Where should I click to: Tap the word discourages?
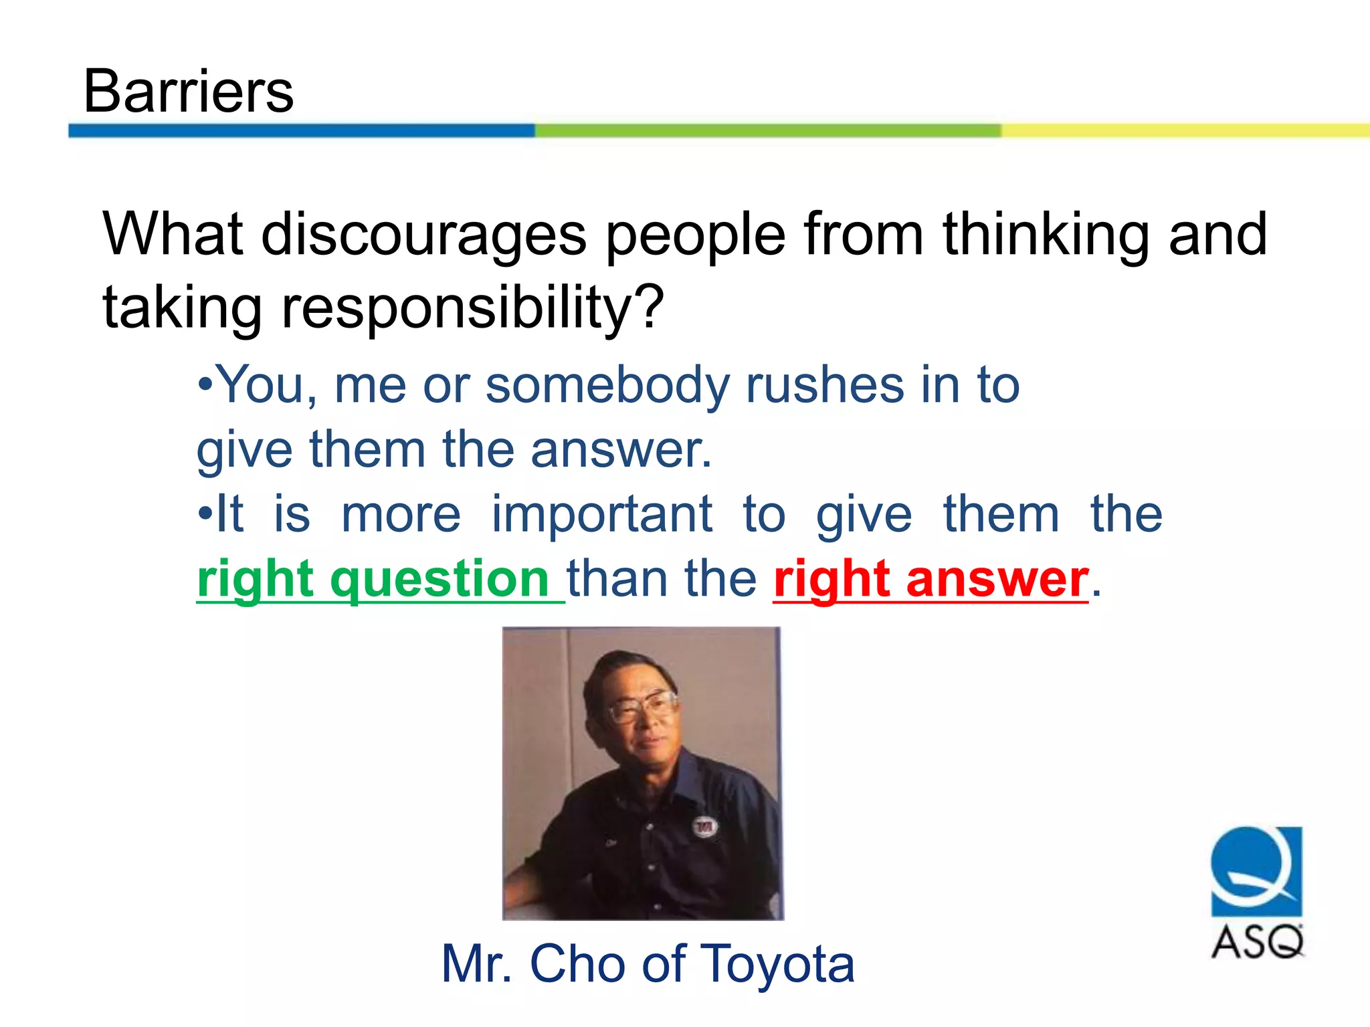pos(423,235)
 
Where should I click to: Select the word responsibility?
pos(472,308)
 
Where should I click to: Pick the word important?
pos(602,515)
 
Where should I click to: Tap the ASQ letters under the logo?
pos(1258,943)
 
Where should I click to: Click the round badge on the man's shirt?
pos(704,828)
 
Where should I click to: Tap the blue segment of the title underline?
pos(301,130)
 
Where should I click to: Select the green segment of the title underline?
pos(768,130)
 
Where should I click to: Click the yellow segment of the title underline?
pos(1184,130)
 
